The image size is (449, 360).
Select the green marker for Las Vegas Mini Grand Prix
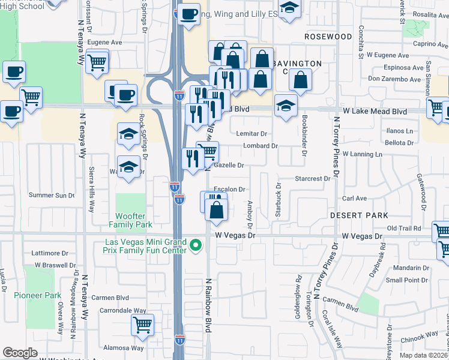(x=195, y=245)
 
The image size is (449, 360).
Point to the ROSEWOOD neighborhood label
(x=328, y=37)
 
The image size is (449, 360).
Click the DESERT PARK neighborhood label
(x=359, y=215)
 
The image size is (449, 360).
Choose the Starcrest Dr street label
(x=313, y=179)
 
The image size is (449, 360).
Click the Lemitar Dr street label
(x=251, y=133)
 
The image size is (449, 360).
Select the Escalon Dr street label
(x=230, y=190)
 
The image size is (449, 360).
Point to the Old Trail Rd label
(x=405, y=228)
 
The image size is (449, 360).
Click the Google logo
(x=20, y=353)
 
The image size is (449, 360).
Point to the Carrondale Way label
(x=123, y=311)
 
